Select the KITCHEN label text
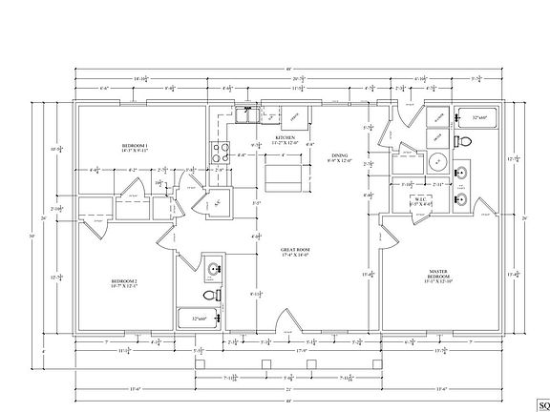286,139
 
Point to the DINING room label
340,158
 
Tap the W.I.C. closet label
420,201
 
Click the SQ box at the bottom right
543,402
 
